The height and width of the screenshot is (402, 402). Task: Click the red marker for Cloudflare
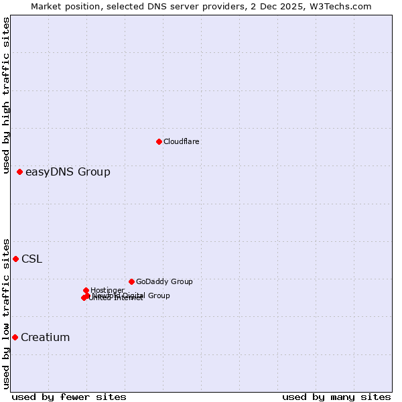click(159, 141)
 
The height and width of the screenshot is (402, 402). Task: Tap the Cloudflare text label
click(182, 141)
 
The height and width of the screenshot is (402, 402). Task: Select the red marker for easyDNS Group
click(20, 172)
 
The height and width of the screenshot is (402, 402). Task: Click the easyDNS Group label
click(68, 172)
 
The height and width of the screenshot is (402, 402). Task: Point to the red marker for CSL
click(15, 259)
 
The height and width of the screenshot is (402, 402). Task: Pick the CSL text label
click(31, 259)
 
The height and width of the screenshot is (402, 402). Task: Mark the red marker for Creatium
click(15, 337)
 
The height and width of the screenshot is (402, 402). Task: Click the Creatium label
click(45, 338)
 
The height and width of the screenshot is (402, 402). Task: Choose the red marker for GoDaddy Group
click(131, 281)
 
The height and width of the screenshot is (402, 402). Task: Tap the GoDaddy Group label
click(164, 281)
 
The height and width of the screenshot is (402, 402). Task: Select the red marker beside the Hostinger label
click(86, 290)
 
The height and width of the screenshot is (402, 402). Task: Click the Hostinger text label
click(107, 290)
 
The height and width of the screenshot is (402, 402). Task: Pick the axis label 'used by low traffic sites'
click(7, 314)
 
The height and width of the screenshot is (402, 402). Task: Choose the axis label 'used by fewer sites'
click(69, 397)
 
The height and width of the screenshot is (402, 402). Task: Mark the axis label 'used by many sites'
click(336, 397)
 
